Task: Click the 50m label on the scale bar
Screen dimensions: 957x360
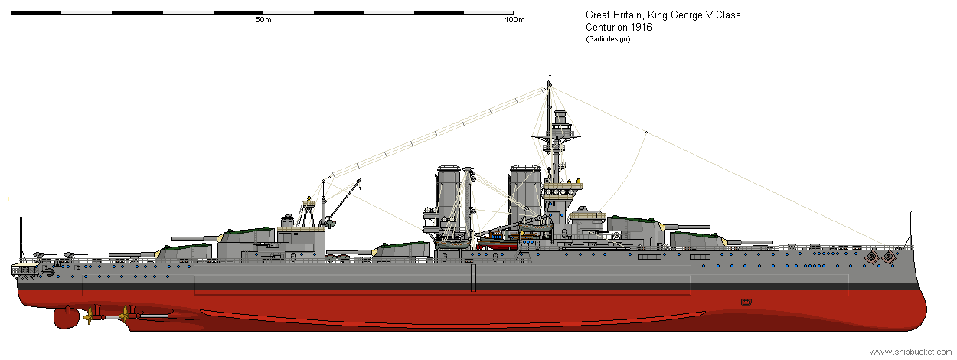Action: (263, 20)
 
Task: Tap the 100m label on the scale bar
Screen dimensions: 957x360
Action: (514, 20)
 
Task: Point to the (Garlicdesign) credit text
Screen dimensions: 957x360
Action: (608, 39)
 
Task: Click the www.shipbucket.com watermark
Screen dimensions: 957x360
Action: (910, 352)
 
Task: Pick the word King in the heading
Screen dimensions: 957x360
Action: (658, 15)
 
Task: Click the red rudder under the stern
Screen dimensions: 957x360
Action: (66, 317)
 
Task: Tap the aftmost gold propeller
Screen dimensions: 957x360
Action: (89, 316)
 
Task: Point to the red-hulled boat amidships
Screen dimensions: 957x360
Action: (497, 244)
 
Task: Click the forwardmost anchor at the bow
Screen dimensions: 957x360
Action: (889, 257)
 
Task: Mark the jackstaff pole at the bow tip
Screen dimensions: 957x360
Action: (910, 229)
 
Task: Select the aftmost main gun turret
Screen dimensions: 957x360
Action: (183, 251)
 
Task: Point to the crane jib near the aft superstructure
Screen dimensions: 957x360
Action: (342, 201)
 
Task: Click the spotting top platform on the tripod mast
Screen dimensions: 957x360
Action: (556, 137)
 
